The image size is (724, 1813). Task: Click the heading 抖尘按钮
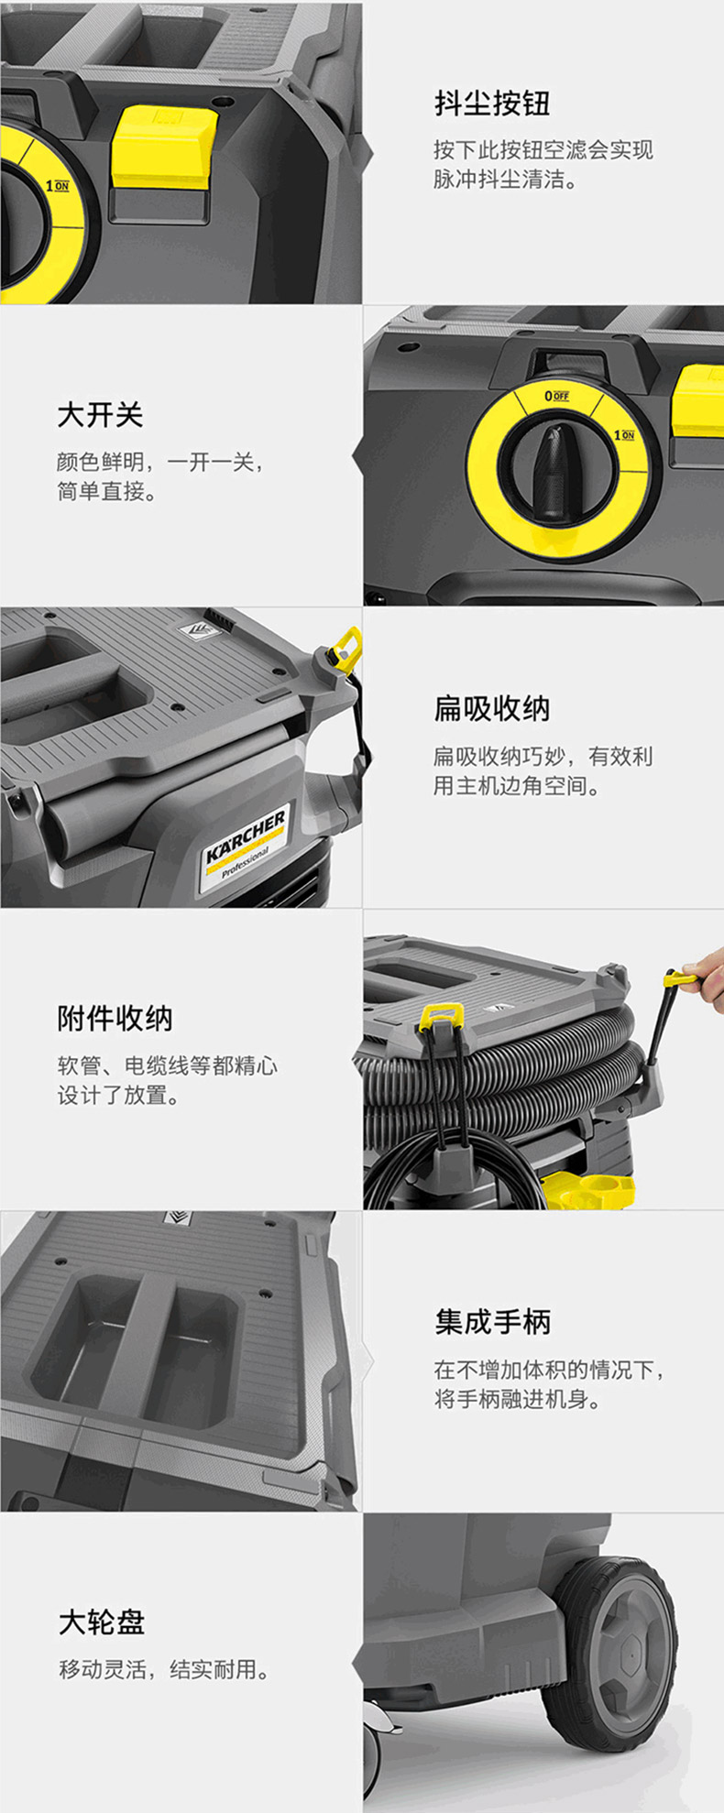492,103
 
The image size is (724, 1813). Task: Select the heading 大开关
100,415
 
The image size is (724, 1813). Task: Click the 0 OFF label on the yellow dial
556,396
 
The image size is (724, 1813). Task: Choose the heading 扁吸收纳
492,708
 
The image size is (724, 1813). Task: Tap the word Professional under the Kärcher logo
245,862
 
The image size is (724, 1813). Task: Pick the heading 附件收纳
115,1018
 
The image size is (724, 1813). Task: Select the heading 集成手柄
492,1322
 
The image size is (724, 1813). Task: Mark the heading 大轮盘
102,1622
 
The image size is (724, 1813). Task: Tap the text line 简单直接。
108,491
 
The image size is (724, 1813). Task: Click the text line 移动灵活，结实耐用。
166,1669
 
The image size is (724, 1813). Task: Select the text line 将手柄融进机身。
518,1399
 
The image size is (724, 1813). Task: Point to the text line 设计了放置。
119,1095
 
